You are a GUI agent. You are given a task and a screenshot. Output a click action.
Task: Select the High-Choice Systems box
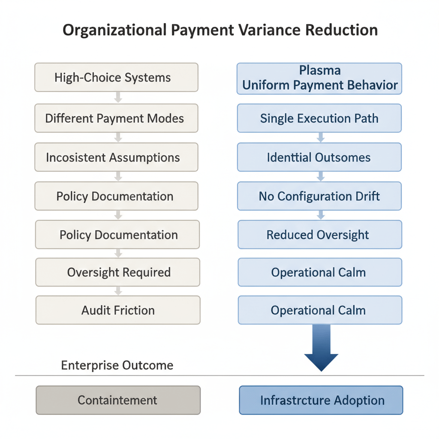pyautogui.click(x=116, y=78)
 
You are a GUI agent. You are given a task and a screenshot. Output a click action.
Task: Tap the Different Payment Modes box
pyautogui.click(x=116, y=118)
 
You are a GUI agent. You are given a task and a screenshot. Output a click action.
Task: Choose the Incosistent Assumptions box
pyautogui.click(x=116, y=157)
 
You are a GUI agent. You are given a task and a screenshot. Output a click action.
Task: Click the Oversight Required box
pyautogui.click(x=118, y=272)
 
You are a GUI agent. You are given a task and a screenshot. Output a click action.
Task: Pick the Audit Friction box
pyautogui.click(x=118, y=310)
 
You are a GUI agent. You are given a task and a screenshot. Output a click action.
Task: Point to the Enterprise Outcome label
pyautogui.click(x=117, y=365)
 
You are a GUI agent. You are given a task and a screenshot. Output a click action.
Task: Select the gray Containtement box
pyautogui.click(x=118, y=400)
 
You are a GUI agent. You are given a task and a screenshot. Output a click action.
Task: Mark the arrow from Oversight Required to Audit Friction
pyautogui.click(x=118, y=291)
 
